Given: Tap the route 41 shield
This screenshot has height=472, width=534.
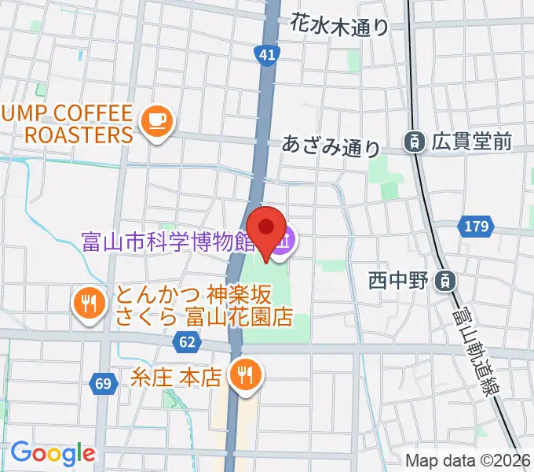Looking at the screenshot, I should pos(266,53).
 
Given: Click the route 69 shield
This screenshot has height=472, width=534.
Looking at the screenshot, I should pos(103,383).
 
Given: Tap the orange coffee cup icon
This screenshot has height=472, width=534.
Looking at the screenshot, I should pos(156,120).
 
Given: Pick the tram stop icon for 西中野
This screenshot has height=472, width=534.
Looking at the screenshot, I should pos(444,279).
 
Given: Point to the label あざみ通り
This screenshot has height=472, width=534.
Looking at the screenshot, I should pos(331,146).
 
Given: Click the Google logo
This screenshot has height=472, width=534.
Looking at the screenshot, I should pos(53,454).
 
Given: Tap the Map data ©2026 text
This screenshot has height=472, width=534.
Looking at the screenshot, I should pos(468,461).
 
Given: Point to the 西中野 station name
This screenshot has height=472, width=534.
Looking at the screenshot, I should pos(400,280).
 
